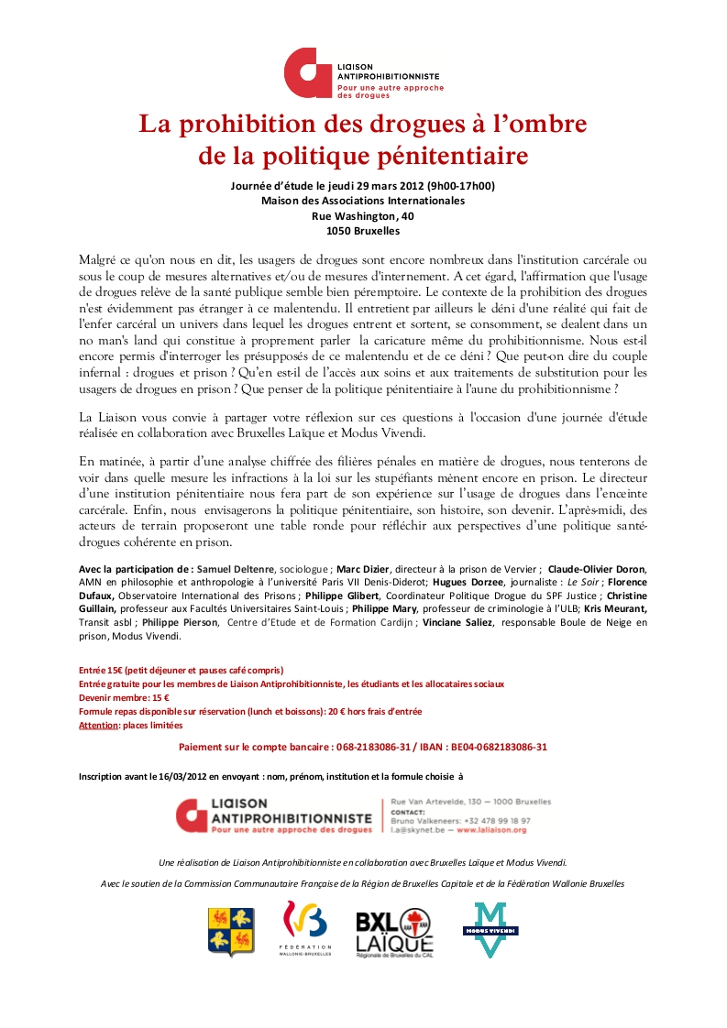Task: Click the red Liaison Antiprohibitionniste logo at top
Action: click(363, 74)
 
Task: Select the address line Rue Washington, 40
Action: click(362, 215)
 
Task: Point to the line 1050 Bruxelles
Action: click(362, 230)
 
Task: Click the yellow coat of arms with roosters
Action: click(231, 931)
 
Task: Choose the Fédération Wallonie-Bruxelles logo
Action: click(303, 929)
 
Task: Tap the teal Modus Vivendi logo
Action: click(490, 930)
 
